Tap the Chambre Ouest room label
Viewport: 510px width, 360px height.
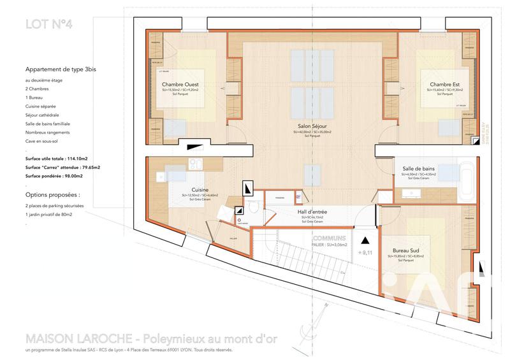click(x=180, y=85)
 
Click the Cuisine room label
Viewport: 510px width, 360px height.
click(x=199, y=190)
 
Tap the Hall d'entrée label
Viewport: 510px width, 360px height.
click(x=312, y=212)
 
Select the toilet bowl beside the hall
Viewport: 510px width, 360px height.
click(x=253, y=206)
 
